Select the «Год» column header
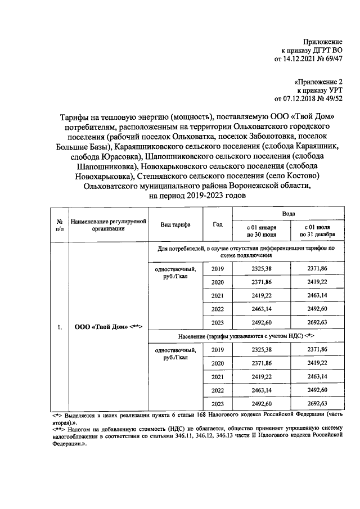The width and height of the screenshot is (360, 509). click(x=218, y=224)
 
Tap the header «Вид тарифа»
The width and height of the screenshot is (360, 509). click(x=175, y=224)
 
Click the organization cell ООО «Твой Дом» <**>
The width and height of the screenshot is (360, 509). click(x=108, y=327)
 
